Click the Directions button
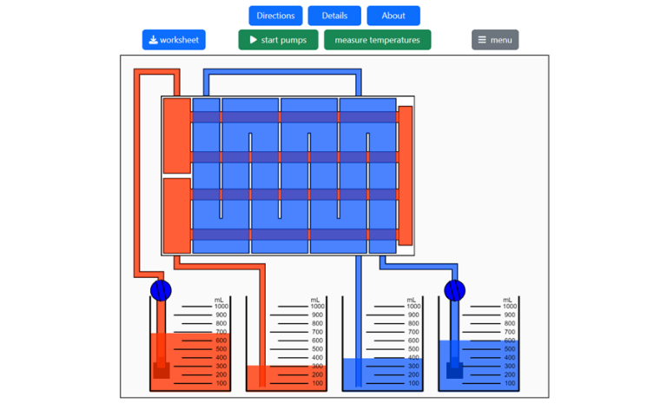[x=275, y=16]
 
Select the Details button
[x=334, y=16]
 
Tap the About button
[x=393, y=16]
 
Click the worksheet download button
[x=174, y=40]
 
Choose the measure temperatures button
[x=377, y=40]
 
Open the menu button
[x=495, y=40]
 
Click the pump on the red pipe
[x=161, y=290]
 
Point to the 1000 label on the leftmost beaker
[x=221, y=307]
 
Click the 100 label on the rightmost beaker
[x=511, y=383]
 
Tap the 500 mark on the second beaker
[x=318, y=349]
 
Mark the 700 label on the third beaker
[x=414, y=332]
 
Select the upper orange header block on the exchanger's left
[x=176, y=135]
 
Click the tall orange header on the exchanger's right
[x=405, y=176]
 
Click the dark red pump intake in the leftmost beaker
[x=161, y=371]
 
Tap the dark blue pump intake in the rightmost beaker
[x=453, y=371]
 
